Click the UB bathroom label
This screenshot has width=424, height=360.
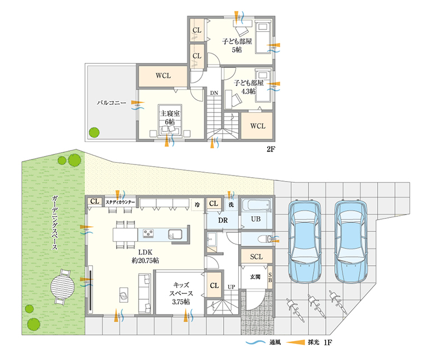point(256,219)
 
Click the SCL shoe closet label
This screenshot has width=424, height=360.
point(256,256)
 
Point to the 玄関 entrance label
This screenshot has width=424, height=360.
point(255,277)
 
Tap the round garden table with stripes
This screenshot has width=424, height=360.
point(62,287)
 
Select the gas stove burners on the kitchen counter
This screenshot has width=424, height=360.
point(148,233)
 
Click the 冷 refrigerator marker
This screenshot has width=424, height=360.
point(197,205)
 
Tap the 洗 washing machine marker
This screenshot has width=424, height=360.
point(231,205)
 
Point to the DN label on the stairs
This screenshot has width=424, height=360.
point(214,93)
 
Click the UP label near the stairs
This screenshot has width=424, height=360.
point(231,287)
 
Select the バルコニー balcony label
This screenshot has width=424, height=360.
point(112,103)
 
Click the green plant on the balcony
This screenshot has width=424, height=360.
point(94,132)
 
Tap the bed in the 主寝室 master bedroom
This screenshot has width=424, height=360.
point(170,119)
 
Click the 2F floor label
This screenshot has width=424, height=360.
point(271,149)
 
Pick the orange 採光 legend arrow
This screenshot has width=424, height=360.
point(295,342)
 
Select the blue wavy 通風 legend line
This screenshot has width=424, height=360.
point(256,342)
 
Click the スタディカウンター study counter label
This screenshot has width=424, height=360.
point(120,202)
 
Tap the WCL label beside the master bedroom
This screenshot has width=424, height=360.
point(163,76)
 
